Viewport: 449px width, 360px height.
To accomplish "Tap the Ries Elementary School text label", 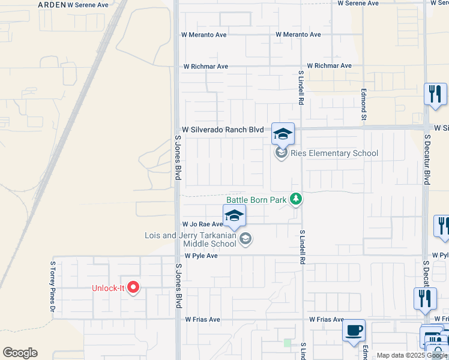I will click(334, 153).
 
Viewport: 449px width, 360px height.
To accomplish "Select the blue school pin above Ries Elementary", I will click(283, 134).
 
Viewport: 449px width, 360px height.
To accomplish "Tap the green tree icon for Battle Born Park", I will click(295, 199).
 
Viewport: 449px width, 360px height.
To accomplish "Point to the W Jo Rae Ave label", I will click(202, 224).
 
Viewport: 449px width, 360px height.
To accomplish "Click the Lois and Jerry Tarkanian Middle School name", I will click(191, 239).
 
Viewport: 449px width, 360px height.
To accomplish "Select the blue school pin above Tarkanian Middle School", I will click(234, 216).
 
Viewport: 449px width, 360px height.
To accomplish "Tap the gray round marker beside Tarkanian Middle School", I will click(245, 239).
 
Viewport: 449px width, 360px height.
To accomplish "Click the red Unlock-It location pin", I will click(133, 288).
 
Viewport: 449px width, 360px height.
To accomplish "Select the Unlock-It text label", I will click(108, 288).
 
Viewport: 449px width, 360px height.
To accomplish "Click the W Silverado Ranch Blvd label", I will click(223, 130).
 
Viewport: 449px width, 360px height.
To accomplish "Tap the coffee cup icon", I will click(354, 330).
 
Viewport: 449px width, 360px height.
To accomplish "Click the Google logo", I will click(20, 353).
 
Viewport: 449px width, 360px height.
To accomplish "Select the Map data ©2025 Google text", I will click(412, 355).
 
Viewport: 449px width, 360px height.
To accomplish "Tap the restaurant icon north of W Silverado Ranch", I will click(435, 94).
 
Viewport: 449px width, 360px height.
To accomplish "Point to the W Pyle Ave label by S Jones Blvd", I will click(200, 256).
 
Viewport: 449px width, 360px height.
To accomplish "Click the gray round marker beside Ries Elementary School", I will click(281, 153).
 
